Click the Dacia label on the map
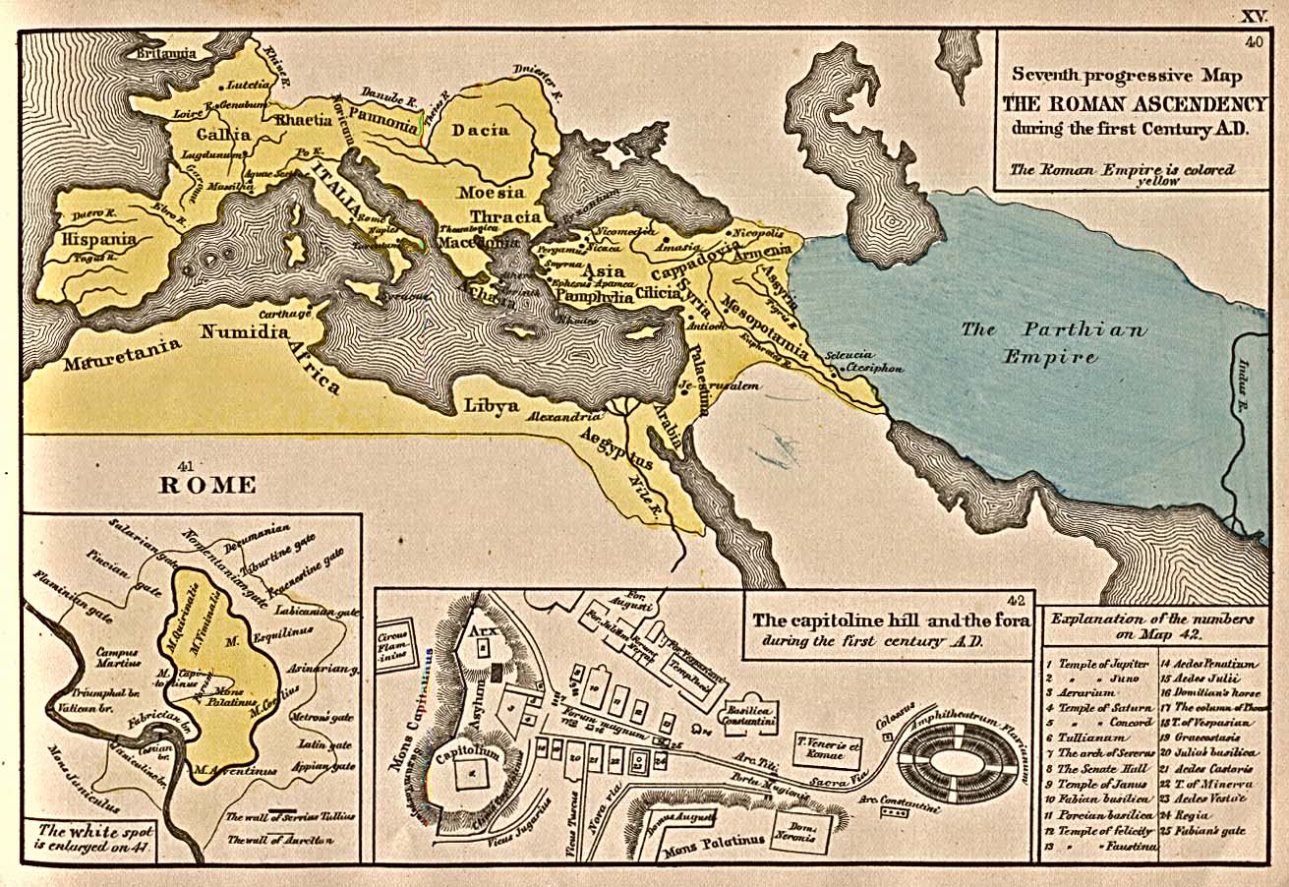(481, 130)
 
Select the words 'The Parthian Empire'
(1052, 342)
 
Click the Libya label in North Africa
(492, 403)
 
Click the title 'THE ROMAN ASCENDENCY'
(1133, 104)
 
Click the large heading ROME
(207, 485)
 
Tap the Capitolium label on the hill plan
(470, 756)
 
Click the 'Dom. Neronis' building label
(800, 831)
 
